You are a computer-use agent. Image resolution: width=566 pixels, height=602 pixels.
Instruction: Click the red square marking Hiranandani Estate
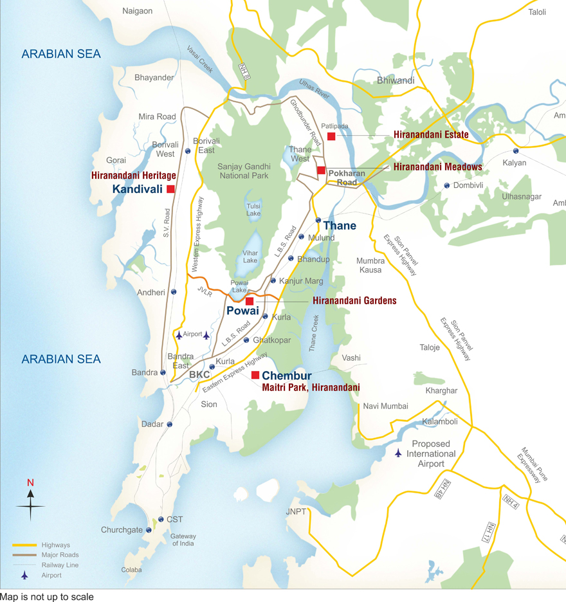(331, 136)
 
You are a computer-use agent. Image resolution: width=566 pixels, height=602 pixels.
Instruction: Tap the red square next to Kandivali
(170, 189)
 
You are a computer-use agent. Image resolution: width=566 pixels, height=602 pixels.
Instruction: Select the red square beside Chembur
(255, 375)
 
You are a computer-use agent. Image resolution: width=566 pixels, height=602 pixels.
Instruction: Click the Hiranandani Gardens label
(354, 300)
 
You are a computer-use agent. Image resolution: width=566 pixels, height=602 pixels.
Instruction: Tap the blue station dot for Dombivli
(447, 185)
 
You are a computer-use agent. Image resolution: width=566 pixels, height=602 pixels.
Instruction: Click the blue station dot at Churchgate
(149, 530)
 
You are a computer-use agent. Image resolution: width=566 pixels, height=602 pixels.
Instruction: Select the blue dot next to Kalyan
(515, 150)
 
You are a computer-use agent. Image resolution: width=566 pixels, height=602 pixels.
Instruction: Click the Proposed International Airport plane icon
(399, 453)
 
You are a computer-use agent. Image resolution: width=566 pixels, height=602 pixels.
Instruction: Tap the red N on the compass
(30, 483)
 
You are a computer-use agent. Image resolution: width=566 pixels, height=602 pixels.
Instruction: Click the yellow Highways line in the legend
(24, 545)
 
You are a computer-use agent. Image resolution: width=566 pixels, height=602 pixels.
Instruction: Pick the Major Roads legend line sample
(24, 555)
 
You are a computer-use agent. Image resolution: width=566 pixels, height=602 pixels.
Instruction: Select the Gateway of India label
(183, 540)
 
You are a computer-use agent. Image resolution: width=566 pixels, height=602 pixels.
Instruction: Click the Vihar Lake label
(250, 257)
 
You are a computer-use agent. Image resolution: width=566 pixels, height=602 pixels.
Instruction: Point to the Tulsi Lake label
(253, 210)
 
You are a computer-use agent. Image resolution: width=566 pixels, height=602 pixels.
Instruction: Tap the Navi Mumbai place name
(385, 406)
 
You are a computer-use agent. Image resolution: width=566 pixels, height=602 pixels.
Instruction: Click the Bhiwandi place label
(396, 80)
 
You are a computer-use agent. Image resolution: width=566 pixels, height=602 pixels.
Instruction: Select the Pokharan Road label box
(347, 178)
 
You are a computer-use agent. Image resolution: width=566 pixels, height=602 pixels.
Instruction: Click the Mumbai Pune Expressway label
(531, 466)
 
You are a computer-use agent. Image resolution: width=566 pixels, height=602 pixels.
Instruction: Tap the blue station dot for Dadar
(170, 424)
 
